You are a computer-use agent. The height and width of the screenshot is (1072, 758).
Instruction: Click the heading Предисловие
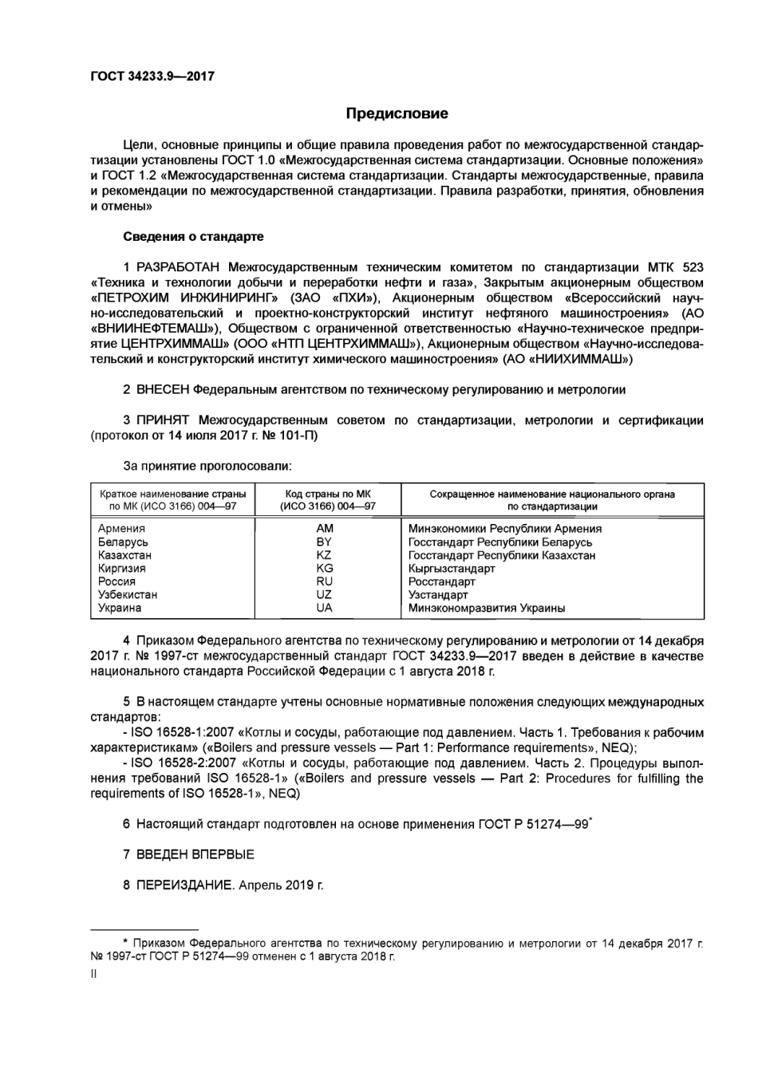click(x=397, y=113)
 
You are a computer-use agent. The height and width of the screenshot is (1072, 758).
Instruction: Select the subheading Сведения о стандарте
click(x=193, y=237)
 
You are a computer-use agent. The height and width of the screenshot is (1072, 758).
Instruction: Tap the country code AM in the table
click(x=325, y=528)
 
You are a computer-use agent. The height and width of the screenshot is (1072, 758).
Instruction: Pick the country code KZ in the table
click(x=324, y=555)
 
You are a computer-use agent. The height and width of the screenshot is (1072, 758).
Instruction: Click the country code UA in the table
click(x=324, y=608)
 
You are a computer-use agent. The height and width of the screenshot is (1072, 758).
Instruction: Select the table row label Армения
click(x=121, y=528)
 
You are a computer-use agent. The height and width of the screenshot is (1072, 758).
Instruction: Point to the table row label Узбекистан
click(x=128, y=594)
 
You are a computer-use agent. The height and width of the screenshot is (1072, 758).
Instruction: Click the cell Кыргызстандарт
click(x=452, y=569)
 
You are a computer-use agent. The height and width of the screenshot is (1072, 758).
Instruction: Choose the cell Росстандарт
click(x=441, y=581)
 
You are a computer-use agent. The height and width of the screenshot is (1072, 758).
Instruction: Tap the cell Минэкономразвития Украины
click(x=487, y=608)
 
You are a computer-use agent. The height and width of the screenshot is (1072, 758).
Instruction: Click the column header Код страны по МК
click(x=328, y=495)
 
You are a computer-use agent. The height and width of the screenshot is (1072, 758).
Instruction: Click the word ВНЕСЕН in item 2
click(x=163, y=390)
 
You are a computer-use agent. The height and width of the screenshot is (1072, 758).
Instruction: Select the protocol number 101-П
click(x=300, y=436)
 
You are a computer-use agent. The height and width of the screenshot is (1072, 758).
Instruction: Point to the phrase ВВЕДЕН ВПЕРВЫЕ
click(x=195, y=854)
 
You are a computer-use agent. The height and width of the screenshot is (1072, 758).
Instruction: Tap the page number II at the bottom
click(x=94, y=974)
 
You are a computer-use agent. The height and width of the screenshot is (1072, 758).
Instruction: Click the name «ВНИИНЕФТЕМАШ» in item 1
click(x=156, y=328)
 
